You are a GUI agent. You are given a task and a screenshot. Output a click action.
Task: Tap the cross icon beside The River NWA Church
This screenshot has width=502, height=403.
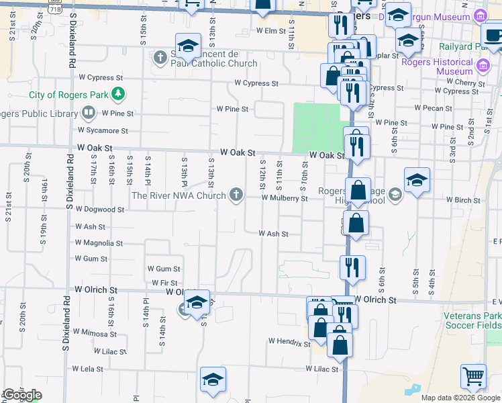236,195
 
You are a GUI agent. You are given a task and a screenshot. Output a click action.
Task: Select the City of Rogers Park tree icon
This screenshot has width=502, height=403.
118,93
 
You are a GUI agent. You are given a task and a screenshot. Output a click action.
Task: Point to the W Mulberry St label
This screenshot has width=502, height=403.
284,198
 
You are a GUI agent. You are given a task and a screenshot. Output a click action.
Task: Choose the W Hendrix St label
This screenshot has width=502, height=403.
289,341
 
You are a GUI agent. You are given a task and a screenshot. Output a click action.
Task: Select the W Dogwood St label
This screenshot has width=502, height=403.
99,210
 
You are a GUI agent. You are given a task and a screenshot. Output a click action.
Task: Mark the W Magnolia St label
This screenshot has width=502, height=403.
99,243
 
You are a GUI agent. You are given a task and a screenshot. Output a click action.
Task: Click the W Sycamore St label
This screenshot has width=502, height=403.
103,130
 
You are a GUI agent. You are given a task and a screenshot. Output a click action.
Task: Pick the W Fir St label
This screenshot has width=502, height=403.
164,283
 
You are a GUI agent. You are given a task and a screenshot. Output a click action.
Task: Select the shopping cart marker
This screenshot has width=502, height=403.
473,378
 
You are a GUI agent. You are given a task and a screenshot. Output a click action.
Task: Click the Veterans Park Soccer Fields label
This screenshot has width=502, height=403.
472,320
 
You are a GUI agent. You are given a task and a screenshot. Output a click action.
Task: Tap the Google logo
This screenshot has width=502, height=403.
22,395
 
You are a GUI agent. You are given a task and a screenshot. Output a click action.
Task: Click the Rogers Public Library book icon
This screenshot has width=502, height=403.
88,112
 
